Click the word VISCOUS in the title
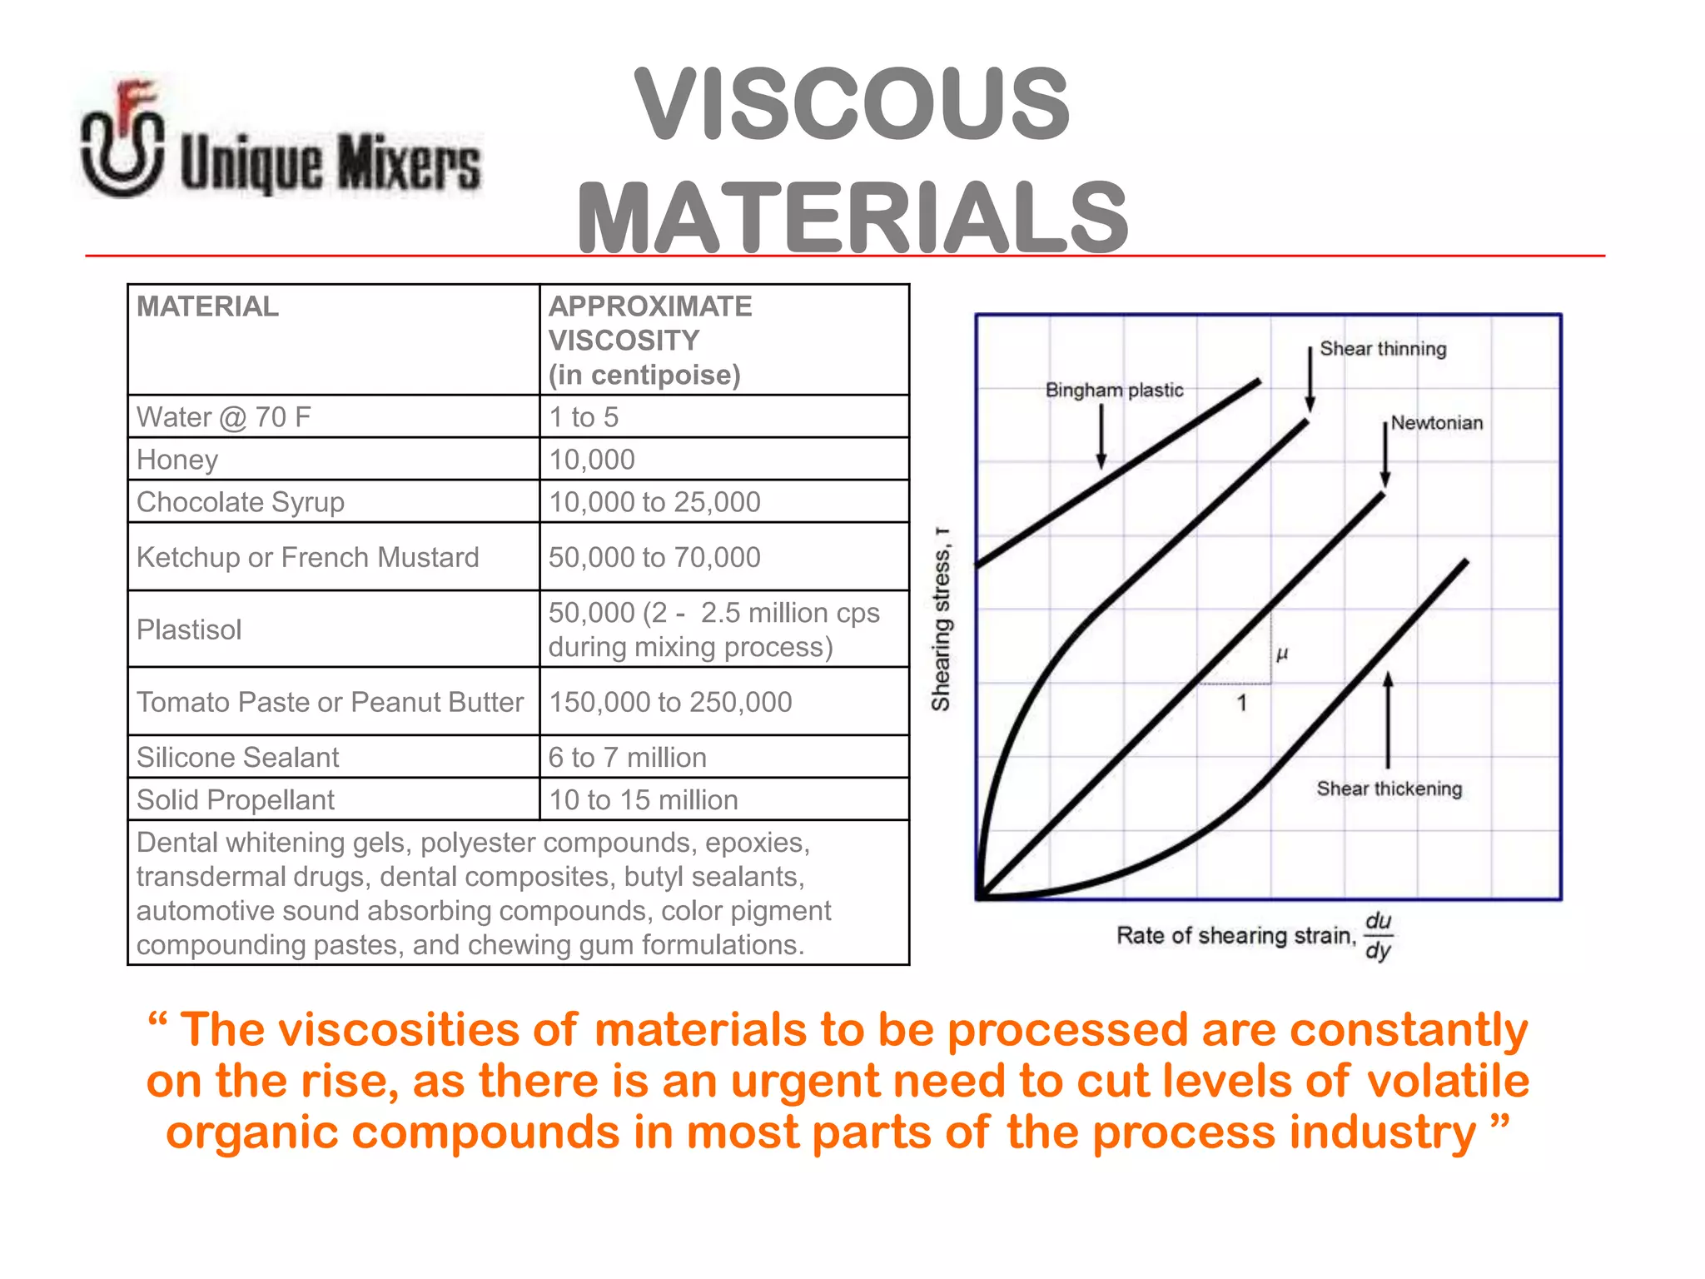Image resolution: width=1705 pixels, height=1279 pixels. coord(852,105)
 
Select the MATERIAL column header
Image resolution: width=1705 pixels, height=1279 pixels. coord(207,306)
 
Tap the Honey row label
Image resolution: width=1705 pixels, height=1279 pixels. coord(177,460)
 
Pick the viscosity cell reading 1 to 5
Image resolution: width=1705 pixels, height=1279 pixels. coord(584,417)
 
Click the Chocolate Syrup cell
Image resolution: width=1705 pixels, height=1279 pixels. coord(241,502)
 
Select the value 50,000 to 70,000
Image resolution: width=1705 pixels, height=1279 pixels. coord(654,557)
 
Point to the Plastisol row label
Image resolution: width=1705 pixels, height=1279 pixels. coord(189,630)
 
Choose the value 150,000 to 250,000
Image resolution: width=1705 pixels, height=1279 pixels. coord(670,702)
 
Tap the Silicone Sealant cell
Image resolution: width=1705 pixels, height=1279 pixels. coord(237,757)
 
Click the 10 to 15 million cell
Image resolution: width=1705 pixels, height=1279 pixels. coord(644,799)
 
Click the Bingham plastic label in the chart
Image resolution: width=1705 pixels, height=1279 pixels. coord(1114,390)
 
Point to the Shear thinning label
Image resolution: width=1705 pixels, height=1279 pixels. coord(1383,349)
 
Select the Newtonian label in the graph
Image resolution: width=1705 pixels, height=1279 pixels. coord(1437,423)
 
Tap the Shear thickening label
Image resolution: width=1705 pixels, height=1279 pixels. coord(1389,789)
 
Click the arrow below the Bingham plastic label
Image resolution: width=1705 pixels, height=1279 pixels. coord(1101,436)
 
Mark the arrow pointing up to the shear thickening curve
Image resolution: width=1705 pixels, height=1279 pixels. coord(1388,719)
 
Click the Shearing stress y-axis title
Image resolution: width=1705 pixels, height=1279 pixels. coord(941,620)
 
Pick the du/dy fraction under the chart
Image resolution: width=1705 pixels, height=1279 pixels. coord(1379,935)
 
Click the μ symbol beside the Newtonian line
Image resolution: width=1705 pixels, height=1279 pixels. coord(1282,654)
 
